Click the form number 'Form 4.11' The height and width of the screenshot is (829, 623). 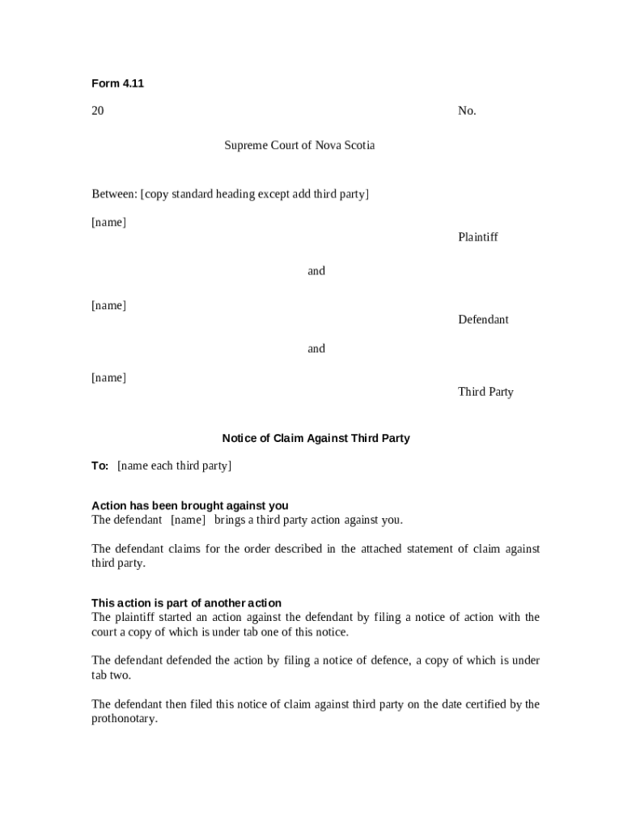(x=117, y=83)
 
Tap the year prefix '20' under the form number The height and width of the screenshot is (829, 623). (x=97, y=111)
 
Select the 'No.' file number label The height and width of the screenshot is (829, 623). (x=467, y=111)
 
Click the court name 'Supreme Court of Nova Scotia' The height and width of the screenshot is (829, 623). (x=299, y=146)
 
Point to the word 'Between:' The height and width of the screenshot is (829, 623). (x=114, y=194)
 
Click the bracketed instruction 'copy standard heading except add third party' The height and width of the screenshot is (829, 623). (x=255, y=194)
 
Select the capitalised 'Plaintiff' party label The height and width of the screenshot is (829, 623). (x=477, y=237)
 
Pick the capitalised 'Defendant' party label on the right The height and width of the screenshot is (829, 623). (x=483, y=320)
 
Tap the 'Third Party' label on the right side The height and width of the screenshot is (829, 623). (x=485, y=392)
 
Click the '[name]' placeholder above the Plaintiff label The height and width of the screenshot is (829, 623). (x=108, y=223)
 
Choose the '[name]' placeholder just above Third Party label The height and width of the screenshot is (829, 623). (x=108, y=378)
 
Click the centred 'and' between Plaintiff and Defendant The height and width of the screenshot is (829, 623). (x=316, y=271)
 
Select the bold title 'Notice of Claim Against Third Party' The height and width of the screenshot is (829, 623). (x=316, y=438)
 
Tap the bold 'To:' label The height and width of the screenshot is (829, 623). (x=100, y=466)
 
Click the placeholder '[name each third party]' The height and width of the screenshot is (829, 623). (x=174, y=466)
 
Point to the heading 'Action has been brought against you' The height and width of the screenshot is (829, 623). (x=189, y=506)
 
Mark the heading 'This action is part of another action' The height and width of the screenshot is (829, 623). (x=186, y=603)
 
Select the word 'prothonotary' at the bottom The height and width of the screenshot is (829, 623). (x=123, y=719)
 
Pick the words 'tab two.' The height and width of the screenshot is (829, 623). (x=111, y=675)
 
